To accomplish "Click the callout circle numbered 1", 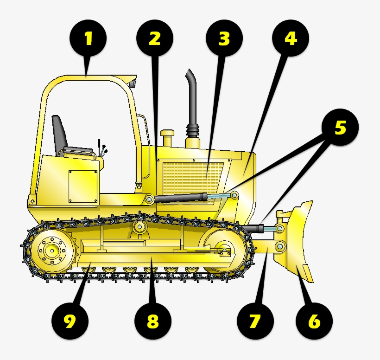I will (x=88, y=39).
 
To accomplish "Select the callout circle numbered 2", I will (x=155, y=39).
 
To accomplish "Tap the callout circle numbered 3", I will (x=224, y=39).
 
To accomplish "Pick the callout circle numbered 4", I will (x=290, y=39).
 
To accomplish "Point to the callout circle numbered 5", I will (x=341, y=128).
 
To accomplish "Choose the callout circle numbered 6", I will (x=314, y=321).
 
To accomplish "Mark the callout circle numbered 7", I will (x=255, y=321).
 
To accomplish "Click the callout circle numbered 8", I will (x=153, y=321).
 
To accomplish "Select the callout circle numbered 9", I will (x=70, y=321).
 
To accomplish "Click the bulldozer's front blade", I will (x=299, y=241).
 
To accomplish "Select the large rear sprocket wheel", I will (x=51, y=251).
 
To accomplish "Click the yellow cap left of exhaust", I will (x=167, y=138).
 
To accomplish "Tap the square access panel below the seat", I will (x=83, y=186).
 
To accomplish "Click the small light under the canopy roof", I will (x=133, y=84).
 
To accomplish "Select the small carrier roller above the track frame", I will (x=139, y=227).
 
